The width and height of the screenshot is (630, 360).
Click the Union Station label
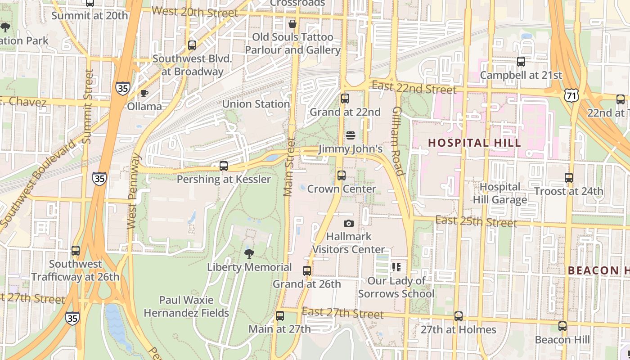[x=256, y=104]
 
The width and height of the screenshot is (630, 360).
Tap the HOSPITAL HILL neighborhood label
[x=474, y=143]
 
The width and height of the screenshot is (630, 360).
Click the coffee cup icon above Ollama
[x=144, y=93]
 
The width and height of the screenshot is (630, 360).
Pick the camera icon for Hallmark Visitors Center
[x=348, y=223]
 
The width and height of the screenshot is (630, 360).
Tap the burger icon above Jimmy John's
[x=351, y=135]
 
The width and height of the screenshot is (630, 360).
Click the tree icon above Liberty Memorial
[x=249, y=254]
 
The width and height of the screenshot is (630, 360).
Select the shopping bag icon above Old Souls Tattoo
[x=292, y=23]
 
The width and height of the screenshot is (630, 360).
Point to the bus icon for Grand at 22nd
[x=345, y=99]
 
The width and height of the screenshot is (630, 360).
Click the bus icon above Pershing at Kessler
[x=224, y=166]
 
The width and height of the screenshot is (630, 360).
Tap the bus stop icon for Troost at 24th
[x=569, y=178]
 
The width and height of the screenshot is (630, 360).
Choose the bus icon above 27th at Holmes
[x=459, y=316]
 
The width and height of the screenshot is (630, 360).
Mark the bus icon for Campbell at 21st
[x=521, y=62]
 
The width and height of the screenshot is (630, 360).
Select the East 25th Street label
[x=476, y=221]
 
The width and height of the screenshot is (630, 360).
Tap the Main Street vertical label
[x=289, y=166]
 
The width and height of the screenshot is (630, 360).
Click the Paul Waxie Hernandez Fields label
[x=186, y=306]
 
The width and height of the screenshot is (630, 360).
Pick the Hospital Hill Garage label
[x=500, y=193]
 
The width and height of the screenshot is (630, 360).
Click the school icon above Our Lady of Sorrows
[x=396, y=267]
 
